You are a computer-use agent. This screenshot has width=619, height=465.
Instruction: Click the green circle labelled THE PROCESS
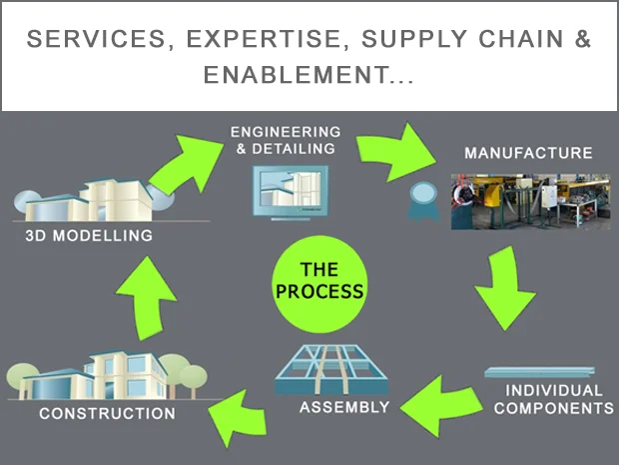319,284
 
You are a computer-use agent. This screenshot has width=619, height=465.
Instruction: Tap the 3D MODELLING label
89,236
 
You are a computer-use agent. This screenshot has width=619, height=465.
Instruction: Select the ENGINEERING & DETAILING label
286,140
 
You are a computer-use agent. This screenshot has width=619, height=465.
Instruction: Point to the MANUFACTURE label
528,153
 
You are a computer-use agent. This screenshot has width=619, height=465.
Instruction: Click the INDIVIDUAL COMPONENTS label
554,399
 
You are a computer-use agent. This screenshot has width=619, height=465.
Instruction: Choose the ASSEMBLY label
344,407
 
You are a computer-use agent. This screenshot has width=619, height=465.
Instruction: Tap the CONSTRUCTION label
108,414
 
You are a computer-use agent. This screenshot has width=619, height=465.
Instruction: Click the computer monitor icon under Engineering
291,193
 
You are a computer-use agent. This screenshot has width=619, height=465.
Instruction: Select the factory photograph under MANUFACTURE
530,201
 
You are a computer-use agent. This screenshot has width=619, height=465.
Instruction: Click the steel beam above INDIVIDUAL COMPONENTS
539,372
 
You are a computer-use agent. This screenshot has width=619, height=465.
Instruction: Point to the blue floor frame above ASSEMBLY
331,370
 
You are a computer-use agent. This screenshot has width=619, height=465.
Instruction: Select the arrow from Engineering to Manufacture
394,152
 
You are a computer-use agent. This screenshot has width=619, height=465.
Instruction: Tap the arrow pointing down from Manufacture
505,289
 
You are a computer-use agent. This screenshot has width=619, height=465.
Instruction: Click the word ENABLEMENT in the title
297,75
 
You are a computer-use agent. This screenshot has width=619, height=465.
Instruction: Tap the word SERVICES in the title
96,39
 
